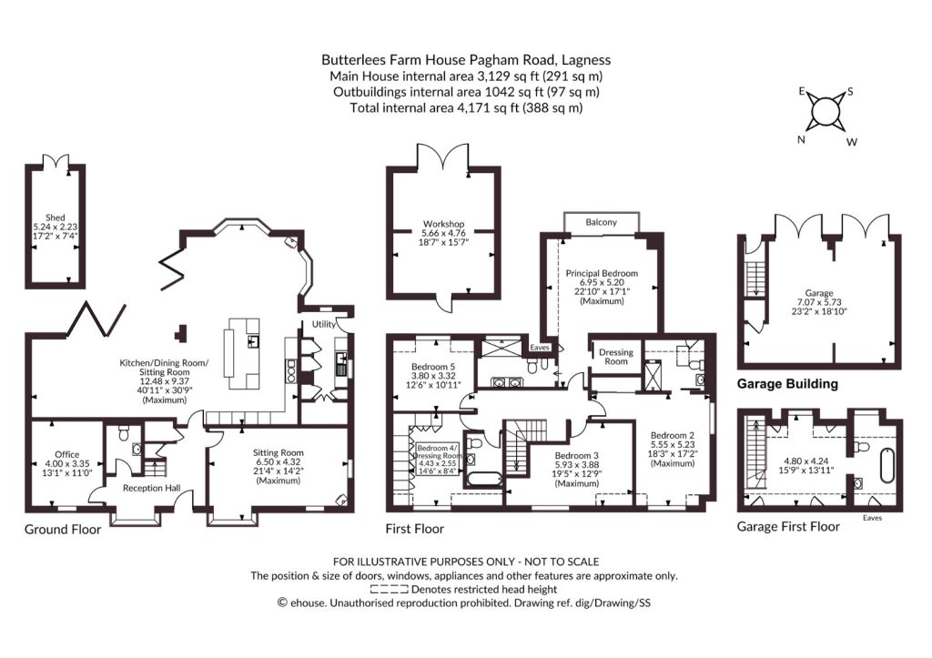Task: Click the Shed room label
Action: [x=56, y=218]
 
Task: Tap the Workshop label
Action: [x=443, y=224]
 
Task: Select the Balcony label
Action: [x=601, y=222]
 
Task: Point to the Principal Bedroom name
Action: [x=602, y=273]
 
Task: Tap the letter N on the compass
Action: [x=801, y=139]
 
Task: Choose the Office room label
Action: [x=67, y=455]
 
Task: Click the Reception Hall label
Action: [x=152, y=488]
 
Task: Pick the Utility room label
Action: [x=323, y=324]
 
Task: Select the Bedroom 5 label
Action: [x=433, y=367]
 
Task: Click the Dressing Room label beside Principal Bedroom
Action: [x=616, y=357]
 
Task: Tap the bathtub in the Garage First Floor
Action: [x=886, y=466]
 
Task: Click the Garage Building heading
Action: [x=787, y=384]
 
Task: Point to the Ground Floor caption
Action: [x=63, y=529]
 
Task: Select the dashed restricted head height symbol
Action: [x=389, y=590]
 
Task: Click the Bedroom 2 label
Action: [x=673, y=435]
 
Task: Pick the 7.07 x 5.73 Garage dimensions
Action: [x=819, y=302]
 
